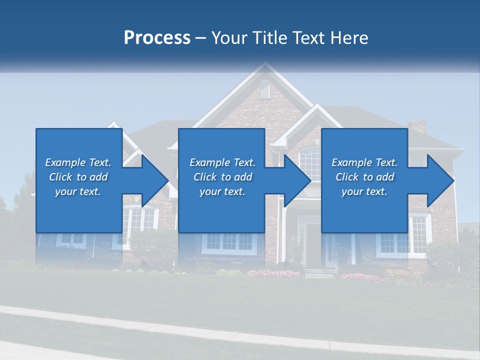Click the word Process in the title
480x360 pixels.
[x=157, y=38]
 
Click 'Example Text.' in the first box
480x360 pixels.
[x=78, y=162]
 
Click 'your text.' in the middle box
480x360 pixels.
[x=222, y=191]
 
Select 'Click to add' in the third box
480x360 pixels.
[x=364, y=177]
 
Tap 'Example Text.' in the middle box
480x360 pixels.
[x=222, y=162]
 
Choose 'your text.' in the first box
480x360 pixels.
[x=78, y=191]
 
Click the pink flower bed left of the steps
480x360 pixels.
[x=274, y=273]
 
